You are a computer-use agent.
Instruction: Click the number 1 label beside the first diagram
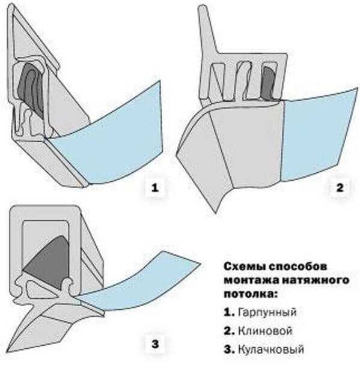pos(154,188)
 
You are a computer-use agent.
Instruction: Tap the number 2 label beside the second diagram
pos(340,188)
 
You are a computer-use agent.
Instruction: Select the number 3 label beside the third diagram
pos(155,344)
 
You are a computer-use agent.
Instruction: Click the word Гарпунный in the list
pos(267,312)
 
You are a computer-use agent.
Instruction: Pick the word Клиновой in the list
pos(265,331)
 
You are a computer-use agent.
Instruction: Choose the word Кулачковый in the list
pos(271,349)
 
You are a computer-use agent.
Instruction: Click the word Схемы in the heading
pos(245,267)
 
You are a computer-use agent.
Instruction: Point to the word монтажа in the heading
pos(251,280)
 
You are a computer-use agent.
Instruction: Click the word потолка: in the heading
pos(251,294)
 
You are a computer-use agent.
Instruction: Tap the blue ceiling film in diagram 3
pos(138,284)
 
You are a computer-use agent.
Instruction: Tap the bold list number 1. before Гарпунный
pos(229,312)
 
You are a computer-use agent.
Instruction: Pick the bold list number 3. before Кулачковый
pos(229,349)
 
